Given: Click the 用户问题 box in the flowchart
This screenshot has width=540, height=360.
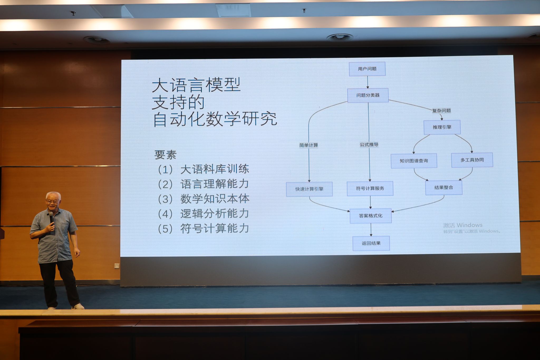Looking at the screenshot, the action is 367,69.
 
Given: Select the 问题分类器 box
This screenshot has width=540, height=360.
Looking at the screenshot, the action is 368,95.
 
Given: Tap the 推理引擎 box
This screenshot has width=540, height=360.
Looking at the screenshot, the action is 442,127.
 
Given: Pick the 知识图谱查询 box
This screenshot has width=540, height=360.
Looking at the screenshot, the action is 414,161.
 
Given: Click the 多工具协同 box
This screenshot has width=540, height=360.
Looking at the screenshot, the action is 472,160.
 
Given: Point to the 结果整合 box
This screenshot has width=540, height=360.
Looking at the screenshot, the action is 444,188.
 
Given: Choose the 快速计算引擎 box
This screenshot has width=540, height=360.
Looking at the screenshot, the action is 309,189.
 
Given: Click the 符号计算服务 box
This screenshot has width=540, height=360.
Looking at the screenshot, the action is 370,188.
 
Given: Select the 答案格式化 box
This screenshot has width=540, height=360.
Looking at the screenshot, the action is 370,216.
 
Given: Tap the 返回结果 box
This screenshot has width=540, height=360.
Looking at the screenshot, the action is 371,243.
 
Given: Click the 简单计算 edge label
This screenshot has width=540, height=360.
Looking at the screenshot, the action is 308,145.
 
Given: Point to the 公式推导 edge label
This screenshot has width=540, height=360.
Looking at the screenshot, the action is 369,145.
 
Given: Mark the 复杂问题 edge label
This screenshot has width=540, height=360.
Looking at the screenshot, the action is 441,111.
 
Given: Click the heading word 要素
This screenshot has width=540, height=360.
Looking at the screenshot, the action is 165,155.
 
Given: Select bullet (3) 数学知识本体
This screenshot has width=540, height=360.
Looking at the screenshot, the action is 203,199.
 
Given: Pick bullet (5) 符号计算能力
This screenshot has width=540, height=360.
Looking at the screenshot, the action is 203,228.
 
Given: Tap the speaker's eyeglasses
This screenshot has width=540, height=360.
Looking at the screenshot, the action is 52,202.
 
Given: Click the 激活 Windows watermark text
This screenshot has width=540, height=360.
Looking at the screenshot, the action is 463,225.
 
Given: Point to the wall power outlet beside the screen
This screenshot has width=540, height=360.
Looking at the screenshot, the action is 117,266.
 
